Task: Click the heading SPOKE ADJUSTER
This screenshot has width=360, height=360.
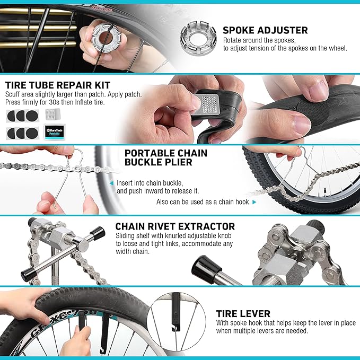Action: coord(265,30)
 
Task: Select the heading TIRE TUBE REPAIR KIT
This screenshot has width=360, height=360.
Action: coord(58,85)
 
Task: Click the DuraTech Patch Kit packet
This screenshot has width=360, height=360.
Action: coord(54,132)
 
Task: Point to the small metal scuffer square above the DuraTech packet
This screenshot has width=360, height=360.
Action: coord(52,114)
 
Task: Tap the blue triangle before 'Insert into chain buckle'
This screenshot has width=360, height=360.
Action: coord(111,183)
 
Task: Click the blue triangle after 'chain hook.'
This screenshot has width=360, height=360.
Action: coord(254,203)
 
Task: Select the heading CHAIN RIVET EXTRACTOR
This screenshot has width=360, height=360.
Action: coord(175,226)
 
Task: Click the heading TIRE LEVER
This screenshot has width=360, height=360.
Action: coord(243,314)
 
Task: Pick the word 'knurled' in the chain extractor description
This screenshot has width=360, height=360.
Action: coord(175,236)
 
